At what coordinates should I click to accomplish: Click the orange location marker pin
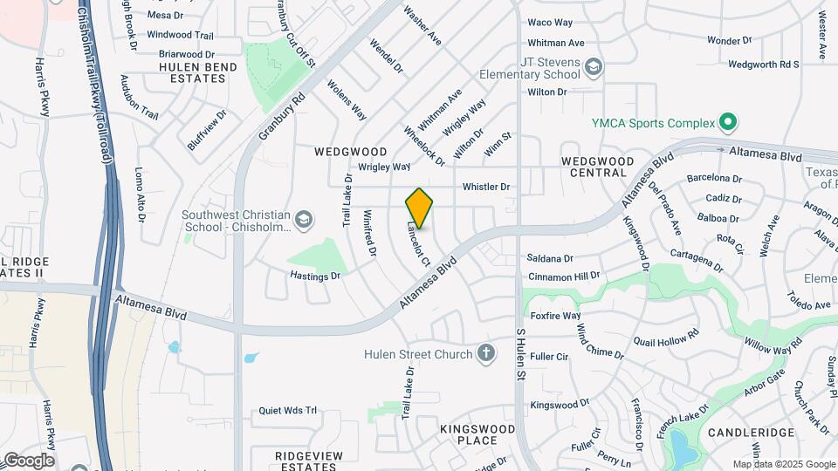419,208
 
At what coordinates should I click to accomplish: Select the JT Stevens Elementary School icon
594,67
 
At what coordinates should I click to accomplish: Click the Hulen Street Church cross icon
486,353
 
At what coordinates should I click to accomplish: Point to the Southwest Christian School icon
302,219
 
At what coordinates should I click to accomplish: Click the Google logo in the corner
28,461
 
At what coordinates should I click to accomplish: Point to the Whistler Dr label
485,187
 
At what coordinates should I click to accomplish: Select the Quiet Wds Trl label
287,411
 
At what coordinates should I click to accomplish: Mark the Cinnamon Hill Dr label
565,276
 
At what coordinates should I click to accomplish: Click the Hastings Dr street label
314,276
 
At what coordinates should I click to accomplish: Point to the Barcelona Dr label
714,178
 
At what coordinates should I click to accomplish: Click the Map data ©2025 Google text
784,464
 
